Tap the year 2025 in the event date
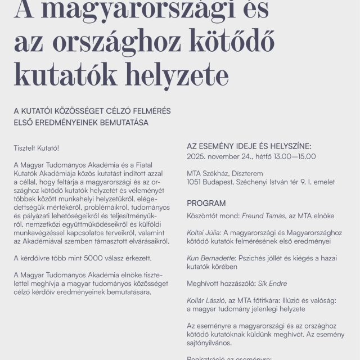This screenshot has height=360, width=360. pyautogui.click(x=196, y=156)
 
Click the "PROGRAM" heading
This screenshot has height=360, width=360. pyautogui.click(x=206, y=203)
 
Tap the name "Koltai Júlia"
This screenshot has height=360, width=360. pyautogui.click(x=204, y=232)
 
